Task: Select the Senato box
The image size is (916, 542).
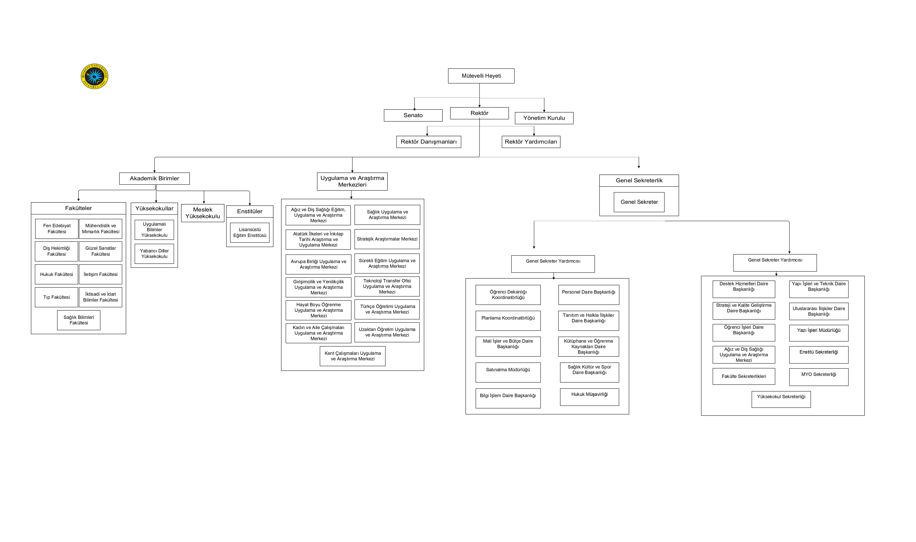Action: tap(413, 115)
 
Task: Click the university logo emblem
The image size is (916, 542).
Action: tap(94, 76)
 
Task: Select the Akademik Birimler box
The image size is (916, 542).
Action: tap(154, 179)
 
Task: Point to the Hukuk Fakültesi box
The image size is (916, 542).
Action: tap(57, 274)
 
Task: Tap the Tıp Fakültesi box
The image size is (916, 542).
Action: tap(57, 297)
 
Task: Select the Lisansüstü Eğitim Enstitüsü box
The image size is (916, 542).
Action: tap(250, 233)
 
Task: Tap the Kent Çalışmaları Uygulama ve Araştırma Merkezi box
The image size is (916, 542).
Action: tap(353, 356)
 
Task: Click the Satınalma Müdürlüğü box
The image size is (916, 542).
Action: tap(508, 373)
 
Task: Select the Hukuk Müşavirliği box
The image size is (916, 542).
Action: tap(589, 397)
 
